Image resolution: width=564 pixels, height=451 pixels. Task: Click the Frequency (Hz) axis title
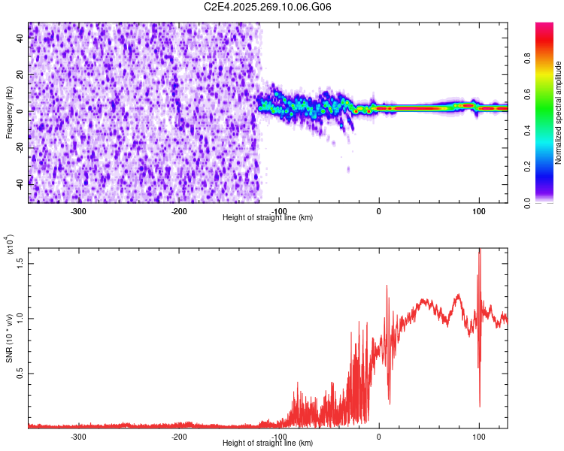9,112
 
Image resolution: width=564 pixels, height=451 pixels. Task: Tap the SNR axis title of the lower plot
9,338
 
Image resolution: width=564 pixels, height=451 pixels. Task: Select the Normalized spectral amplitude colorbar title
559,113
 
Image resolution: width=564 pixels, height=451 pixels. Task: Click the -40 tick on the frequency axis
21,183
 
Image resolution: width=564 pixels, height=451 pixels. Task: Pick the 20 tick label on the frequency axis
21,75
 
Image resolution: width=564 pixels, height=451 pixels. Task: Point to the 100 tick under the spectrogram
479,211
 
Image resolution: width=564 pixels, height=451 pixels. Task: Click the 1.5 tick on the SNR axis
21,262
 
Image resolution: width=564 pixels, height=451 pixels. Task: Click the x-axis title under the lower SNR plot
268,443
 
